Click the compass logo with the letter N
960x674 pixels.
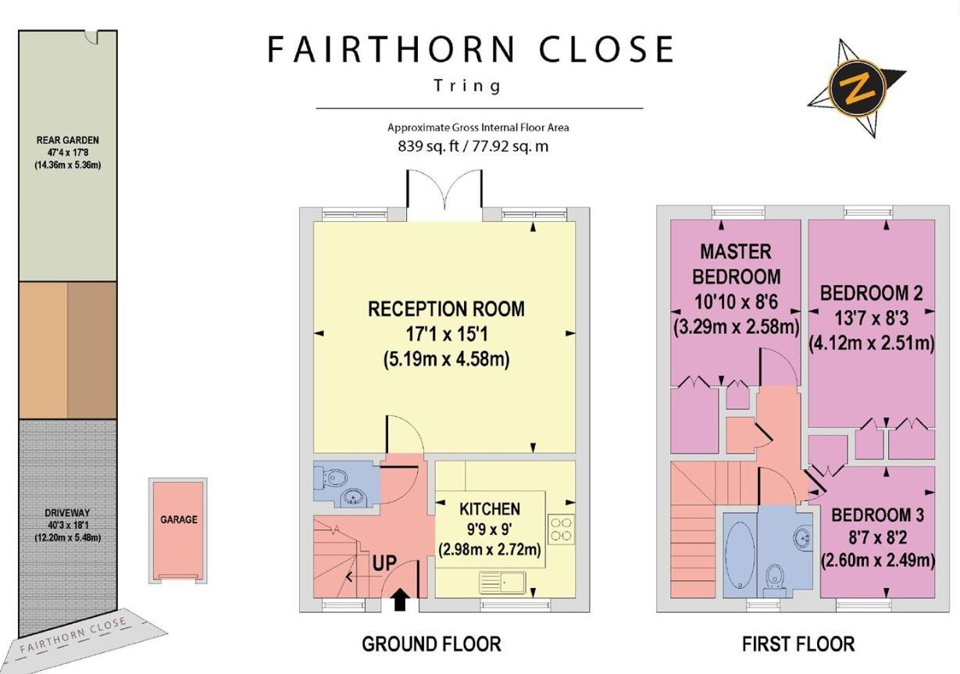pos(853,88)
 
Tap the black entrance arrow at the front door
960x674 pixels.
pos(399,599)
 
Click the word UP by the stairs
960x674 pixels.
pos(383,562)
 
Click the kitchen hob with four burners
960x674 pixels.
pos(561,529)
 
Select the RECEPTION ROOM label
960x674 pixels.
pos(446,308)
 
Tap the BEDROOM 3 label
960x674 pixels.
pos(877,515)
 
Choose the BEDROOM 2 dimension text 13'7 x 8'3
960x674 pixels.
pos(871,318)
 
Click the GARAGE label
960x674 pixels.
pos(179,519)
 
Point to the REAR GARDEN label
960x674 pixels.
pos(67,141)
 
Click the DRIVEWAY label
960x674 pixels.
pos(67,513)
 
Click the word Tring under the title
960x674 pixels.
pos(468,85)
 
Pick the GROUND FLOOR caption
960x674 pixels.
pos(431,644)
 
